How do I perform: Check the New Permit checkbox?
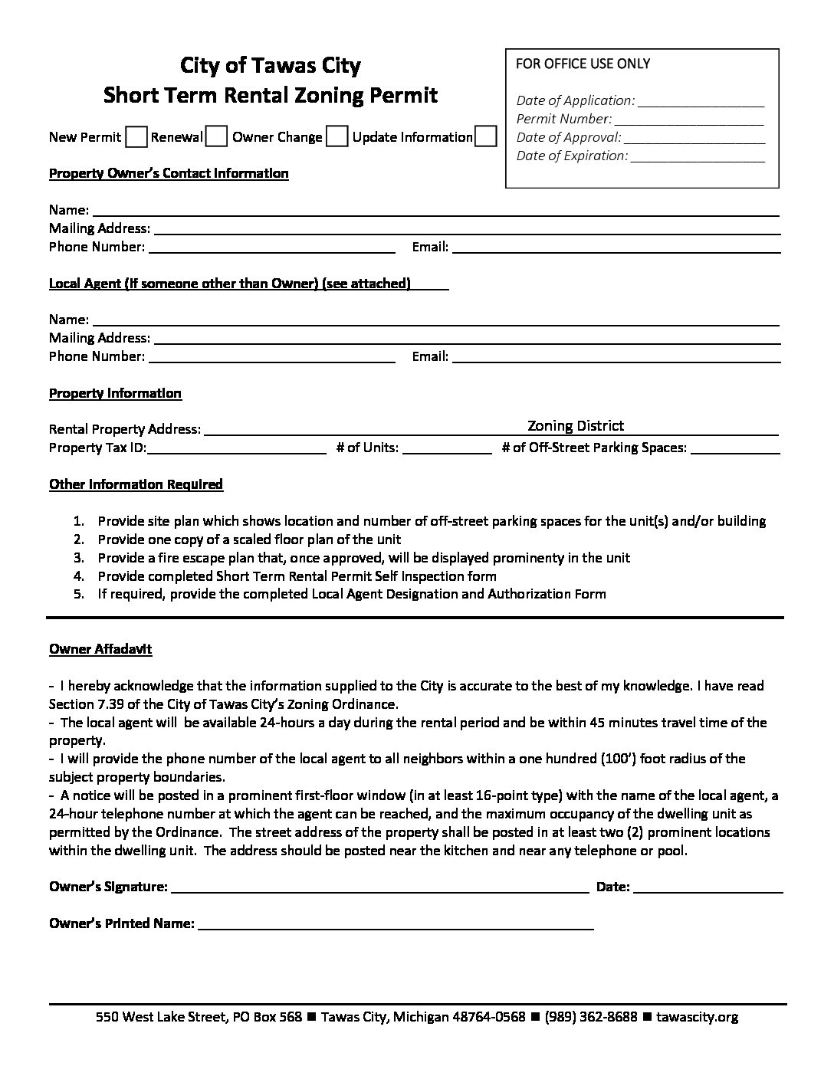(136, 137)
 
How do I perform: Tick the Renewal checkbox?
(217, 137)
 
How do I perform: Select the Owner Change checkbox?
(337, 137)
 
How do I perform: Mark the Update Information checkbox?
(485, 137)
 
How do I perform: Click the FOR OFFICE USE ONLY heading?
(583, 64)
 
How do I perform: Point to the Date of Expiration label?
(572, 156)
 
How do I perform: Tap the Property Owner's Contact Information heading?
(169, 173)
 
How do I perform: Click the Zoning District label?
(576, 426)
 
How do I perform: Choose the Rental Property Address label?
(125, 429)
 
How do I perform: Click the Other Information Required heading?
(136, 484)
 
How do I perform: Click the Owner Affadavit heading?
(100, 649)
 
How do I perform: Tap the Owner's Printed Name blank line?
(396, 926)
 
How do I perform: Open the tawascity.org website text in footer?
(698, 1017)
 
